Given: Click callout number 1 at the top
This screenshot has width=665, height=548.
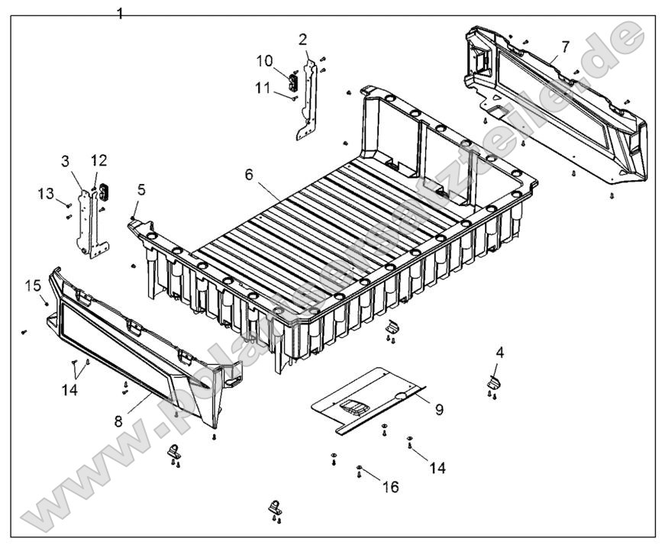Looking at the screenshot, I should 120,13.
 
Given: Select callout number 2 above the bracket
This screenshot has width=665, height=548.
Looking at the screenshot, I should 303,38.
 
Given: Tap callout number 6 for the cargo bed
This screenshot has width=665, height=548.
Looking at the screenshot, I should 249,174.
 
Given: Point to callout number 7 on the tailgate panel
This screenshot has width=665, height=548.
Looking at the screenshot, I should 565,47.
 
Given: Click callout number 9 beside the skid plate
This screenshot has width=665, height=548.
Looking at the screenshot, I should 439,410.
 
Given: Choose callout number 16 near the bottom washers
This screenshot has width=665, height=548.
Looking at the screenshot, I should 391,485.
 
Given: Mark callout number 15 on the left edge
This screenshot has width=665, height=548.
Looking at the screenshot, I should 33,285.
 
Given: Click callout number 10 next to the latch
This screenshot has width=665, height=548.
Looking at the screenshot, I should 264,60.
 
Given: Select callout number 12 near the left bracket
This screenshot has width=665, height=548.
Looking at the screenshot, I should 100,160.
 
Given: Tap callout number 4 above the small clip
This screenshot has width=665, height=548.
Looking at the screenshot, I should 499,353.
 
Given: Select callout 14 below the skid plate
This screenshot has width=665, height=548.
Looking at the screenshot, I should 437,466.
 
